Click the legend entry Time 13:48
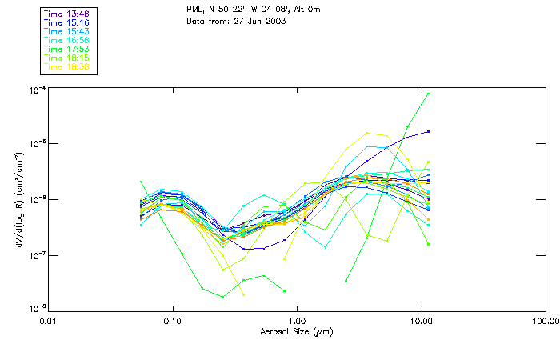66,13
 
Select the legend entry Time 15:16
66,22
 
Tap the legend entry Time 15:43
66,31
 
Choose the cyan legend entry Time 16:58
66,40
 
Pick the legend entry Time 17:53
66,50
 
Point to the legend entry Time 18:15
66,58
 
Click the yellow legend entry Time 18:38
66,67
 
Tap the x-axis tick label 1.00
297,321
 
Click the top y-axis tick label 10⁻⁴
36,89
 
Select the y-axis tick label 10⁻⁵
36,143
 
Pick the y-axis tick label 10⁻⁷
36,255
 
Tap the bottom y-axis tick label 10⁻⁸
36,308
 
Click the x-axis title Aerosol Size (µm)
296,331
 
